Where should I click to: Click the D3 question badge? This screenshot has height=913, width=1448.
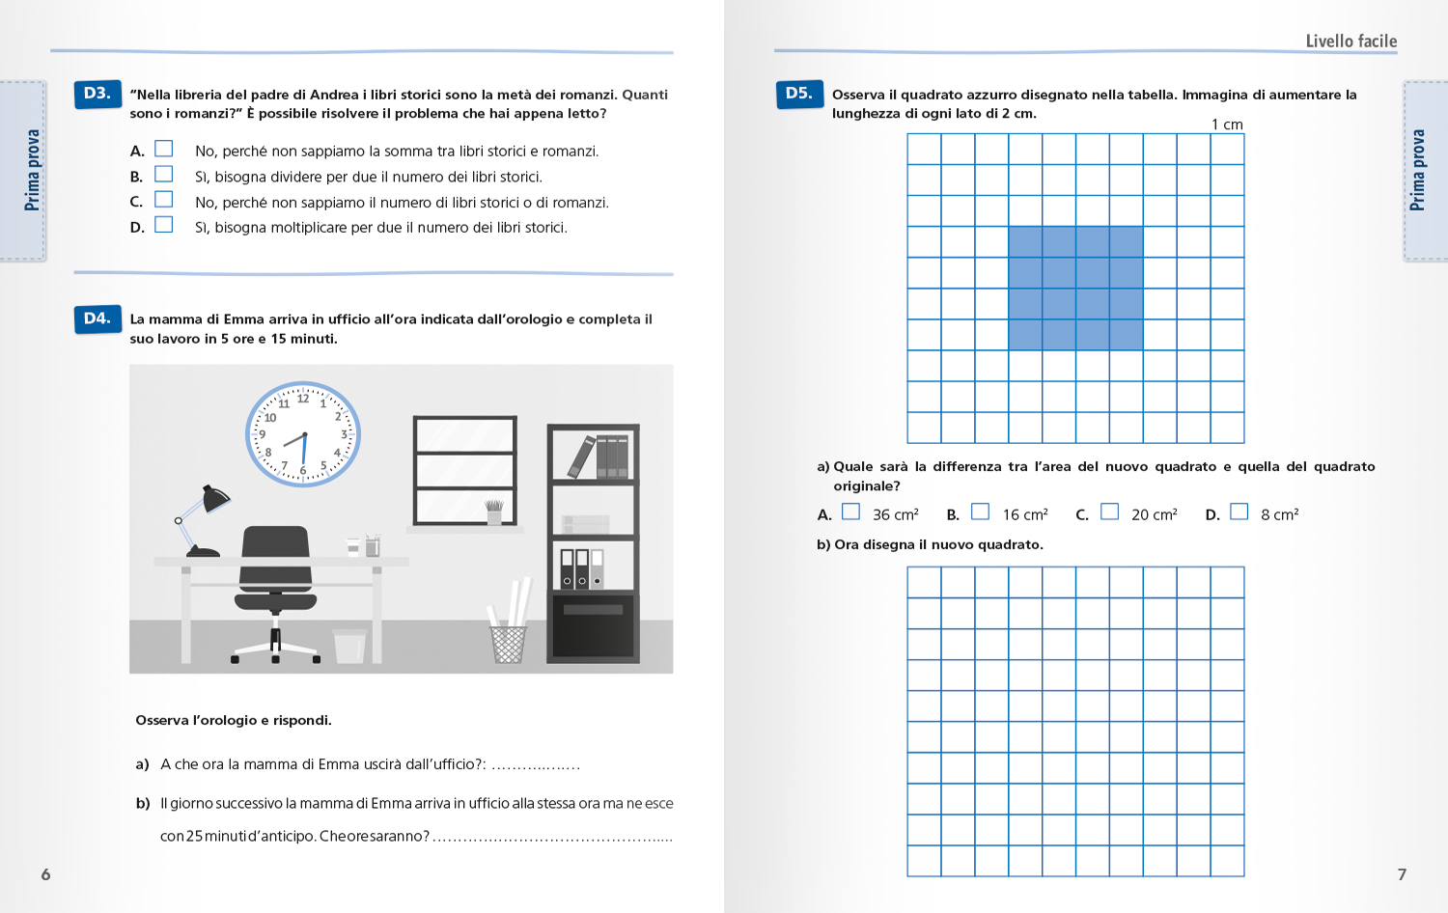point(97,94)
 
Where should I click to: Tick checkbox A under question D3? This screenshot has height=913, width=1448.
point(164,149)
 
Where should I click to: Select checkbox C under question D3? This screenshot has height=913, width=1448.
point(164,200)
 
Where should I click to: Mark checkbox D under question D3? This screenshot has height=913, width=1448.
point(164,225)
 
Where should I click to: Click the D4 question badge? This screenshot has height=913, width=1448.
point(97,318)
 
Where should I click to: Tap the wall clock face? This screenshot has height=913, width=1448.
point(303,434)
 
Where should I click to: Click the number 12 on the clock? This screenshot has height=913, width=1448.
point(303,398)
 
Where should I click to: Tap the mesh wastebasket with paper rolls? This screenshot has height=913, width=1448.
point(508,641)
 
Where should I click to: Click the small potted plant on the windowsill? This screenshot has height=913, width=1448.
point(494,512)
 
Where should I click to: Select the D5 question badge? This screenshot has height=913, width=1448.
point(799,94)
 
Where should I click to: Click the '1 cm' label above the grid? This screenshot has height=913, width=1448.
point(1227,124)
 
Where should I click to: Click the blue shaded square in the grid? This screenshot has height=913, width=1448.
point(1075,288)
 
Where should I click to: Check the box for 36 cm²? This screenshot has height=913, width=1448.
point(850,512)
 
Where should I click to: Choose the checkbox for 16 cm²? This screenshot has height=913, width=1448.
point(980,512)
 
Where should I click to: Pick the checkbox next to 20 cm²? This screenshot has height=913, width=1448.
point(1109,512)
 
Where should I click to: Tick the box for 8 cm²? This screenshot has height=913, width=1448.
point(1239,512)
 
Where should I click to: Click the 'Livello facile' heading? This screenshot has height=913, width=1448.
point(1351,41)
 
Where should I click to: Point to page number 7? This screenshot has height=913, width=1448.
point(1402,874)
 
